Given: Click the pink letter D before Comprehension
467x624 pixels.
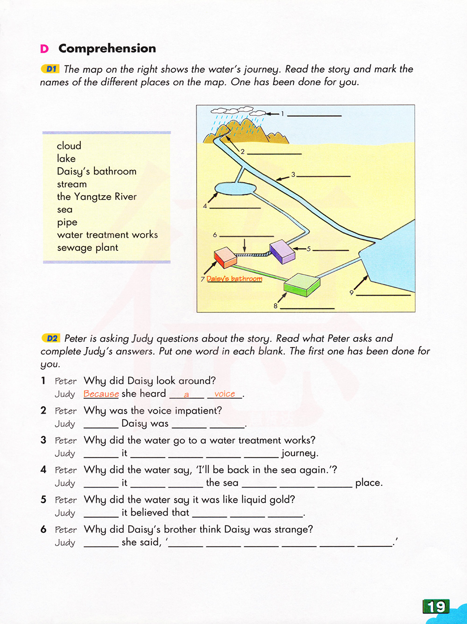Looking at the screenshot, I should click(44, 49).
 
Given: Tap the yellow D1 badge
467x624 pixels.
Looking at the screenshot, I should click(50, 69).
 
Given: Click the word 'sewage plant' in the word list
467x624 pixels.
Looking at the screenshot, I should click(87, 248).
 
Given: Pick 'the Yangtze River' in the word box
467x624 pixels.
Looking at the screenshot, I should click(97, 197).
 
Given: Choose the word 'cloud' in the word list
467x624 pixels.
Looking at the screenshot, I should click(69, 146).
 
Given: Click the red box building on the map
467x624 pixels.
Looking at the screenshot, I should click(225, 257).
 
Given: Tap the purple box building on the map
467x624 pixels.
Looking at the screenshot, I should click(282, 251).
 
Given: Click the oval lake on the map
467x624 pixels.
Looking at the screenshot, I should click(235, 188).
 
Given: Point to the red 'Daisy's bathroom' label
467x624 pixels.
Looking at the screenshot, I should click(234, 279).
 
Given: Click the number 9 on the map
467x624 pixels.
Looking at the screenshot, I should click(351, 293).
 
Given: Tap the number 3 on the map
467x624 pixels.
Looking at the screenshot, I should click(293, 175).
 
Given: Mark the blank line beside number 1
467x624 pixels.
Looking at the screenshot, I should click(314, 114).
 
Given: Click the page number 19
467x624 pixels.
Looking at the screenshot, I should click(436, 606).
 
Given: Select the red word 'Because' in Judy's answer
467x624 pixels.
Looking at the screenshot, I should click(101, 394).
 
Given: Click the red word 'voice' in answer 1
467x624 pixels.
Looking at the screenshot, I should click(225, 394).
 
